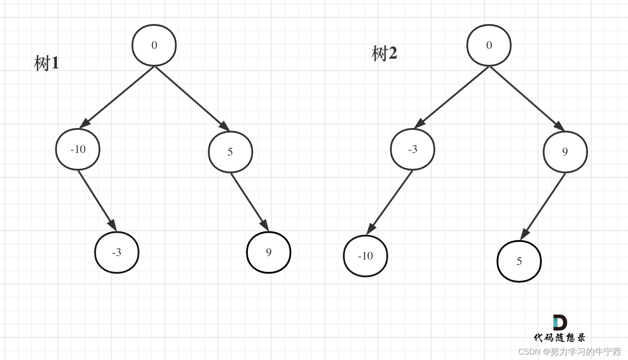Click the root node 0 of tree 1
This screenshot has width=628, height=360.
coord(154,45)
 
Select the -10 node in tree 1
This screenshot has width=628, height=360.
coord(78,149)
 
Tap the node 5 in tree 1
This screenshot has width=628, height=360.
coord(230,152)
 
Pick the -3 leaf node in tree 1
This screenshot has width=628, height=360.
coord(117,252)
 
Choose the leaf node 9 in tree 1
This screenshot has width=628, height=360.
coord(269,252)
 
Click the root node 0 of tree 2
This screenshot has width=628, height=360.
coord(489,45)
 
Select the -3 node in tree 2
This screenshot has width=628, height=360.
coord(413,149)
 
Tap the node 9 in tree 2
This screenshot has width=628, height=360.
coord(565,152)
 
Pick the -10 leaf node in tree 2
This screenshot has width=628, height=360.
coord(366,256)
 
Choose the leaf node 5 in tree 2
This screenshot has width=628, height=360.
coord(519,261)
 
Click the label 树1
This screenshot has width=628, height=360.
coord(47,64)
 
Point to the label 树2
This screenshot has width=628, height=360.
coord(384,54)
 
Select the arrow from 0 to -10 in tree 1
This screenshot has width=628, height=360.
coord(117,97)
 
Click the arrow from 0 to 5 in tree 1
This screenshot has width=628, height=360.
coord(192,98)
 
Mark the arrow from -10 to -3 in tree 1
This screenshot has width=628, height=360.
coord(97,200)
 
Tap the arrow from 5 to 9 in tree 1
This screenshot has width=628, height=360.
coord(250,202)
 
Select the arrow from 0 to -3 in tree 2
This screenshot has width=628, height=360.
coord(452,97)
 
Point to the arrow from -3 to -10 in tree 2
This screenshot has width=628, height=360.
coord(390,202)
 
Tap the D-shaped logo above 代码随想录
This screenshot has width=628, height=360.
coord(560,323)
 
